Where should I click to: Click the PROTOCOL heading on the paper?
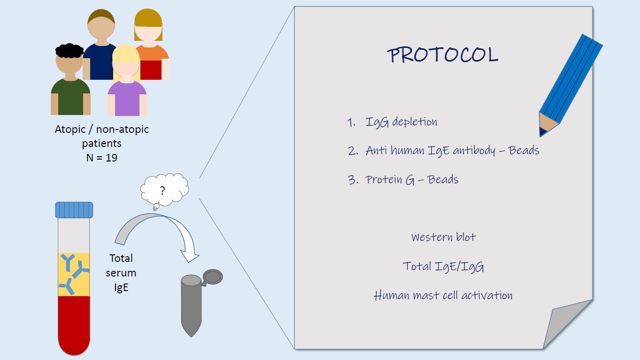tap(443, 54)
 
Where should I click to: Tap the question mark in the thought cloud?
tap(162, 191)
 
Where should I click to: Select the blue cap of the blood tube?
tap(74, 210)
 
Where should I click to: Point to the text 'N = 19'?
tap(102, 158)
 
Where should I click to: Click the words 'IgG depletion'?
tap(401, 122)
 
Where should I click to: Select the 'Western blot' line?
tap(443, 237)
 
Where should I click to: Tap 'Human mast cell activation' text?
tap(443, 295)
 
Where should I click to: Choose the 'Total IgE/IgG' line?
tap(443, 266)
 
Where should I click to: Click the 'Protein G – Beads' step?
tap(412, 180)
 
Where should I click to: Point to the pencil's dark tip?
tap(543, 131)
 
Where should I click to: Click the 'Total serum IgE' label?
tap(121, 273)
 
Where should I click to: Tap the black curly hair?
tap(69, 51)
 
